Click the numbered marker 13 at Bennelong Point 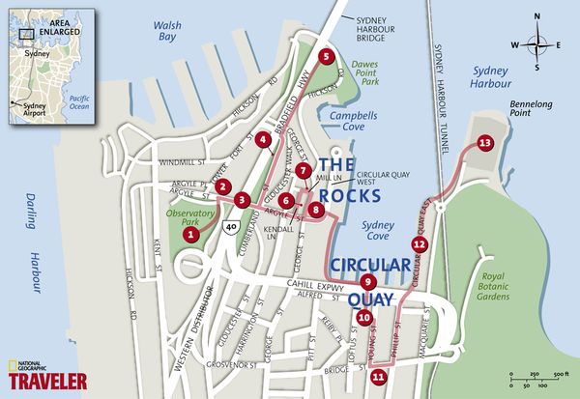[x=484, y=143]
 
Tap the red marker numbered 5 [x=326, y=56]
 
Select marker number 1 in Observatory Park [x=192, y=232]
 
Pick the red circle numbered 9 [x=367, y=281]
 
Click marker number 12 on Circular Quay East [x=419, y=244]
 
